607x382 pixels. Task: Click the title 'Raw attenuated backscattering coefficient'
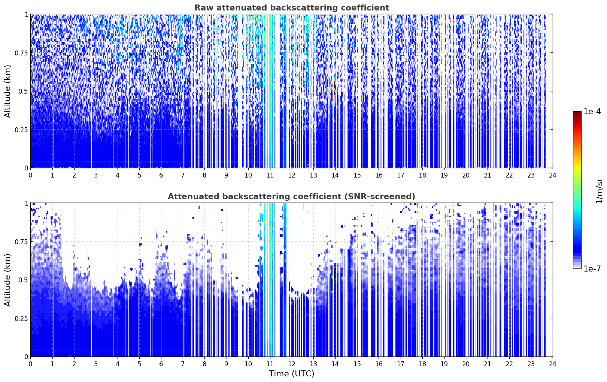pyautogui.click(x=292, y=7)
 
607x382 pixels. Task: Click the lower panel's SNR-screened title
pyautogui.click(x=292, y=196)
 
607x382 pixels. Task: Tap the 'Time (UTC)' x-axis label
pyautogui.click(x=292, y=374)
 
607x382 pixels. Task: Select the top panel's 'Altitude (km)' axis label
pyautogui.click(x=7, y=91)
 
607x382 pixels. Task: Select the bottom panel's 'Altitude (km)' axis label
pyautogui.click(x=7, y=280)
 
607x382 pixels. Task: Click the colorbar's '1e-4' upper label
pyautogui.click(x=592, y=111)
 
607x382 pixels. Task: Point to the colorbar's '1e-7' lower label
pyautogui.click(x=592, y=269)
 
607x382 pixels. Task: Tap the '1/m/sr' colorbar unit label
pyautogui.click(x=599, y=191)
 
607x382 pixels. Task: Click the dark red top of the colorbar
pyautogui.click(x=577, y=113)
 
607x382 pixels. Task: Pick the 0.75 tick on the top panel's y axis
pyautogui.click(x=21, y=53)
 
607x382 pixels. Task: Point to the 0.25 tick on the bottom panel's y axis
pyautogui.click(x=21, y=318)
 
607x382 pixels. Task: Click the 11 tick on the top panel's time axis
pyautogui.click(x=270, y=175)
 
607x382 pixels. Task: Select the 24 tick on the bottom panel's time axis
pyautogui.click(x=553, y=364)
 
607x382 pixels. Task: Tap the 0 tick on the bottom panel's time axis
pyautogui.click(x=31, y=364)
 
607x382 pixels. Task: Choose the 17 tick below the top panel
pyautogui.click(x=401, y=175)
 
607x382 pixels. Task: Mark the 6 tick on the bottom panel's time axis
pyautogui.click(x=161, y=364)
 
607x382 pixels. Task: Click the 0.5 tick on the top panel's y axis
pyautogui.click(x=23, y=91)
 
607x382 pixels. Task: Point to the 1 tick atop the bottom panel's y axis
pyautogui.click(x=27, y=203)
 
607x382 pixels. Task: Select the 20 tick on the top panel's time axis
pyautogui.click(x=466, y=175)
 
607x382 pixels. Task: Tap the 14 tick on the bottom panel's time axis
pyautogui.click(x=335, y=364)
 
